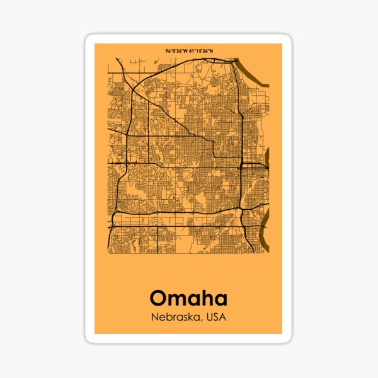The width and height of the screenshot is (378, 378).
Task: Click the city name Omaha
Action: [x=188, y=297]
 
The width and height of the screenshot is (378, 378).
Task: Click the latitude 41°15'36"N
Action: [x=202, y=51]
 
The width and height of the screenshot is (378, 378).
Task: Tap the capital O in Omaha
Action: [x=160, y=297]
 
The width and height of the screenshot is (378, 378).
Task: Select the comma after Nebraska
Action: [x=202, y=319]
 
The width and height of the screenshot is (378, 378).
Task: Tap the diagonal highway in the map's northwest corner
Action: [x=124, y=72]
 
